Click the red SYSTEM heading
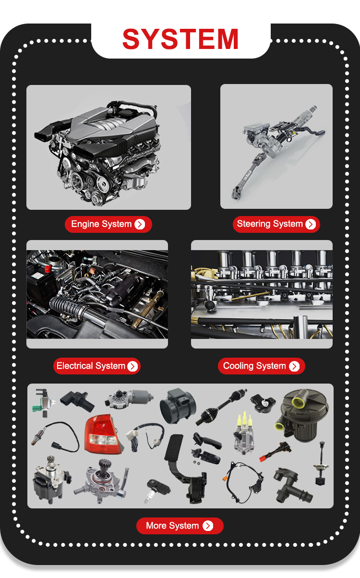pyautogui.click(x=180, y=39)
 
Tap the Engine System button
pyautogui.click(x=108, y=224)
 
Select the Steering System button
pyautogui.click(x=276, y=224)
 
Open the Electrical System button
pyautogui.click(x=97, y=366)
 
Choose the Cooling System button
pyautogui.click(x=262, y=366)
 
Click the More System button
pyautogui.click(x=180, y=526)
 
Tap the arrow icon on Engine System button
pyautogui.click(x=140, y=224)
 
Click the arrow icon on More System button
pyautogui.click(x=208, y=526)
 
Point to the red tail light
pyautogui.click(x=102, y=434)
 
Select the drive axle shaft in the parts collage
pyautogui.click(x=221, y=407)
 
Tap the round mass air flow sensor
pyautogui.click(x=178, y=406)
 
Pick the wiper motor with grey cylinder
pyautogui.click(x=129, y=398)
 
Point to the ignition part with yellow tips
pyautogui.click(x=244, y=433)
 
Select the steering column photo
pyautogui.click(x=276, y=146)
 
